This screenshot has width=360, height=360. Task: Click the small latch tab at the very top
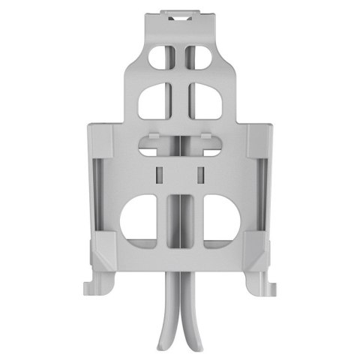tap(180, 13)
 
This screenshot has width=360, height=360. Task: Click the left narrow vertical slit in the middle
tap(157, 175)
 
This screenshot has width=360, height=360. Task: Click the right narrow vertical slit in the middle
tap(201, 175)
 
